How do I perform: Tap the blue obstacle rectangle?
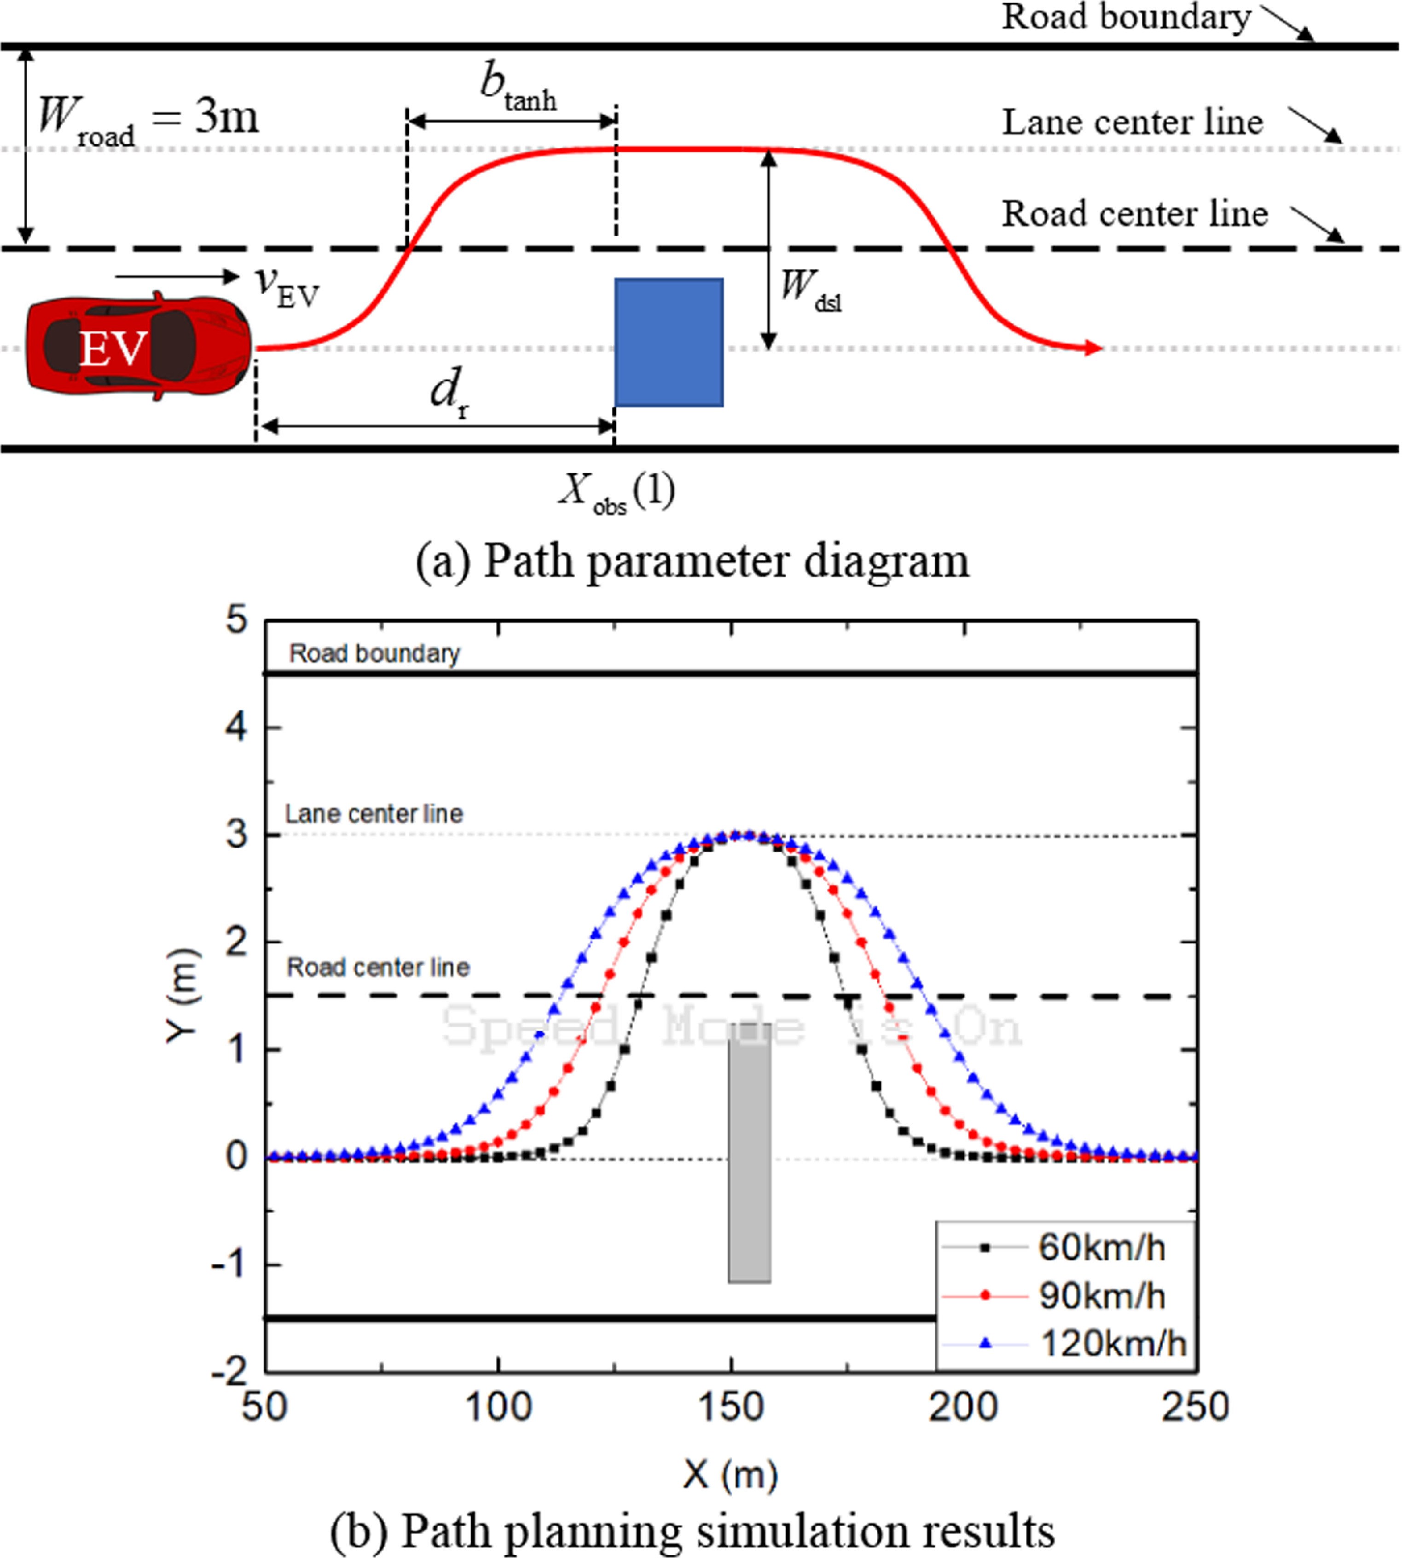[x=669, y=342]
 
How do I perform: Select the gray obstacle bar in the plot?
[x=749, y=1153]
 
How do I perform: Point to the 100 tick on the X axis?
[x=498, y=1406]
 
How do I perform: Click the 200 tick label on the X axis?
[x=963, y=1406]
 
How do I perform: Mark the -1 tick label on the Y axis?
[x=230, y=1264]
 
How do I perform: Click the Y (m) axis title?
[x=183, y=995]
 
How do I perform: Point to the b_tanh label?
[x=518, y=86]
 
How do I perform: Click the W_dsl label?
[x=811, y=290]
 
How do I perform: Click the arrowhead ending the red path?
[x=1094, y=348]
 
